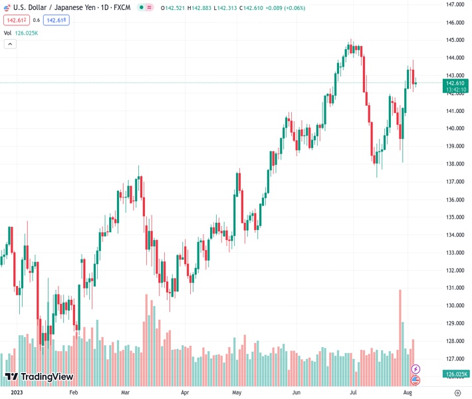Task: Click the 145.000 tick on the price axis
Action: [455, 40]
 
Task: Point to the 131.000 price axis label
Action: [455, 288]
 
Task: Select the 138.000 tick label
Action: [455, 164]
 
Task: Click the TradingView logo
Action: [39, 377]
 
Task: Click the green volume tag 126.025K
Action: [457, 374]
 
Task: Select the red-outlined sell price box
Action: [16, 20]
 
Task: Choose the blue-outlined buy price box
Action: [57, 20]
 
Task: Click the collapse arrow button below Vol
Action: [10, 44]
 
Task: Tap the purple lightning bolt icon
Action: [415, 369]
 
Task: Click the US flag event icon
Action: [415, 380]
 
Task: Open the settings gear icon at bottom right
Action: [457, 392]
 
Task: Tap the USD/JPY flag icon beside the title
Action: [6, 7]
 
